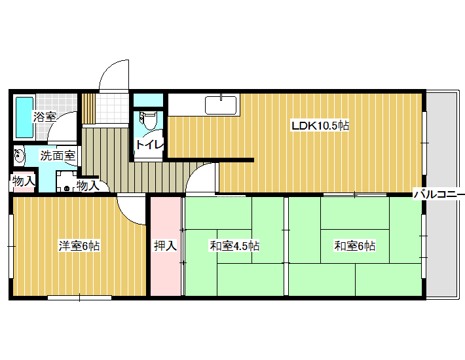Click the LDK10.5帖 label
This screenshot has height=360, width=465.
[x=320, y=126]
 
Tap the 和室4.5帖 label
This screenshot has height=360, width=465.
[x=234, y=246]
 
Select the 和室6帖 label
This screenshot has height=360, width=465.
[x=355, y=246]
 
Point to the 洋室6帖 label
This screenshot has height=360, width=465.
[x=79, y=246]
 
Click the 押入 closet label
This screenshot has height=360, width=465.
[x=166, y=245]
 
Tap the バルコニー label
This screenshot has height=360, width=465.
[x=439, y=194]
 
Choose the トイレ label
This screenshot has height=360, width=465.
[x=149, y=144]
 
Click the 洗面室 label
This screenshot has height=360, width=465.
[x=58, y=156]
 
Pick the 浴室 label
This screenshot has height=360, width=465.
[x=45, y=117]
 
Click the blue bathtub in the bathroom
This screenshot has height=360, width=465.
[x=24, y=117]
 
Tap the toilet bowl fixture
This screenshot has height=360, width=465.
[x=148, y=120]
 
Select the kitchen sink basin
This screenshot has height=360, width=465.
[x=221, y=105]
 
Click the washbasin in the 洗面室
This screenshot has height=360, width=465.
[x=19, y=155]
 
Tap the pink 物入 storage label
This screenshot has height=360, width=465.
[x=24, y=181]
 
